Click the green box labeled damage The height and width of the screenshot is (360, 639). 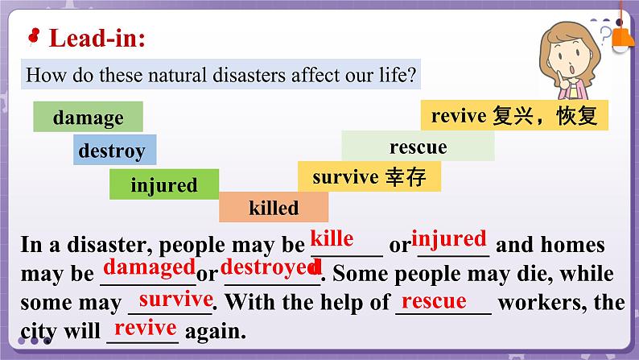point(88,118)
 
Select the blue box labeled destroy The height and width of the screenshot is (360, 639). point(112,151)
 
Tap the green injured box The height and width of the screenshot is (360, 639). point(164,185)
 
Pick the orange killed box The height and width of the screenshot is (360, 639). point(274,208)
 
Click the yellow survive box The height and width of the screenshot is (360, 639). point(369,176)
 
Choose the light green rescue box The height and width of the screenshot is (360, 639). point(418,147)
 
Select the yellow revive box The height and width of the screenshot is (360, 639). point(514,116)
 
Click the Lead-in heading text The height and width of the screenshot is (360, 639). point(97,38)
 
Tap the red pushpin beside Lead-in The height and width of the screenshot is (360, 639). point(34,35)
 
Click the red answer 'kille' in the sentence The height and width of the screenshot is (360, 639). point(332,238)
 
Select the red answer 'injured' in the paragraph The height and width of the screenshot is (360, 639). point(449,238)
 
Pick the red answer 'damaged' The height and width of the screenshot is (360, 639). point(150,267)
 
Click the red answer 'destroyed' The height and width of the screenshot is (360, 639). point(270,267)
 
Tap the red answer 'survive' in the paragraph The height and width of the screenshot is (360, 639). point(175,299)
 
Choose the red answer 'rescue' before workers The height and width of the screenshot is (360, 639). point(434,300)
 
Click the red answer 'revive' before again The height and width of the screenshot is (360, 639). point(145,328)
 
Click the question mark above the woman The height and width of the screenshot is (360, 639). point(606,33)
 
